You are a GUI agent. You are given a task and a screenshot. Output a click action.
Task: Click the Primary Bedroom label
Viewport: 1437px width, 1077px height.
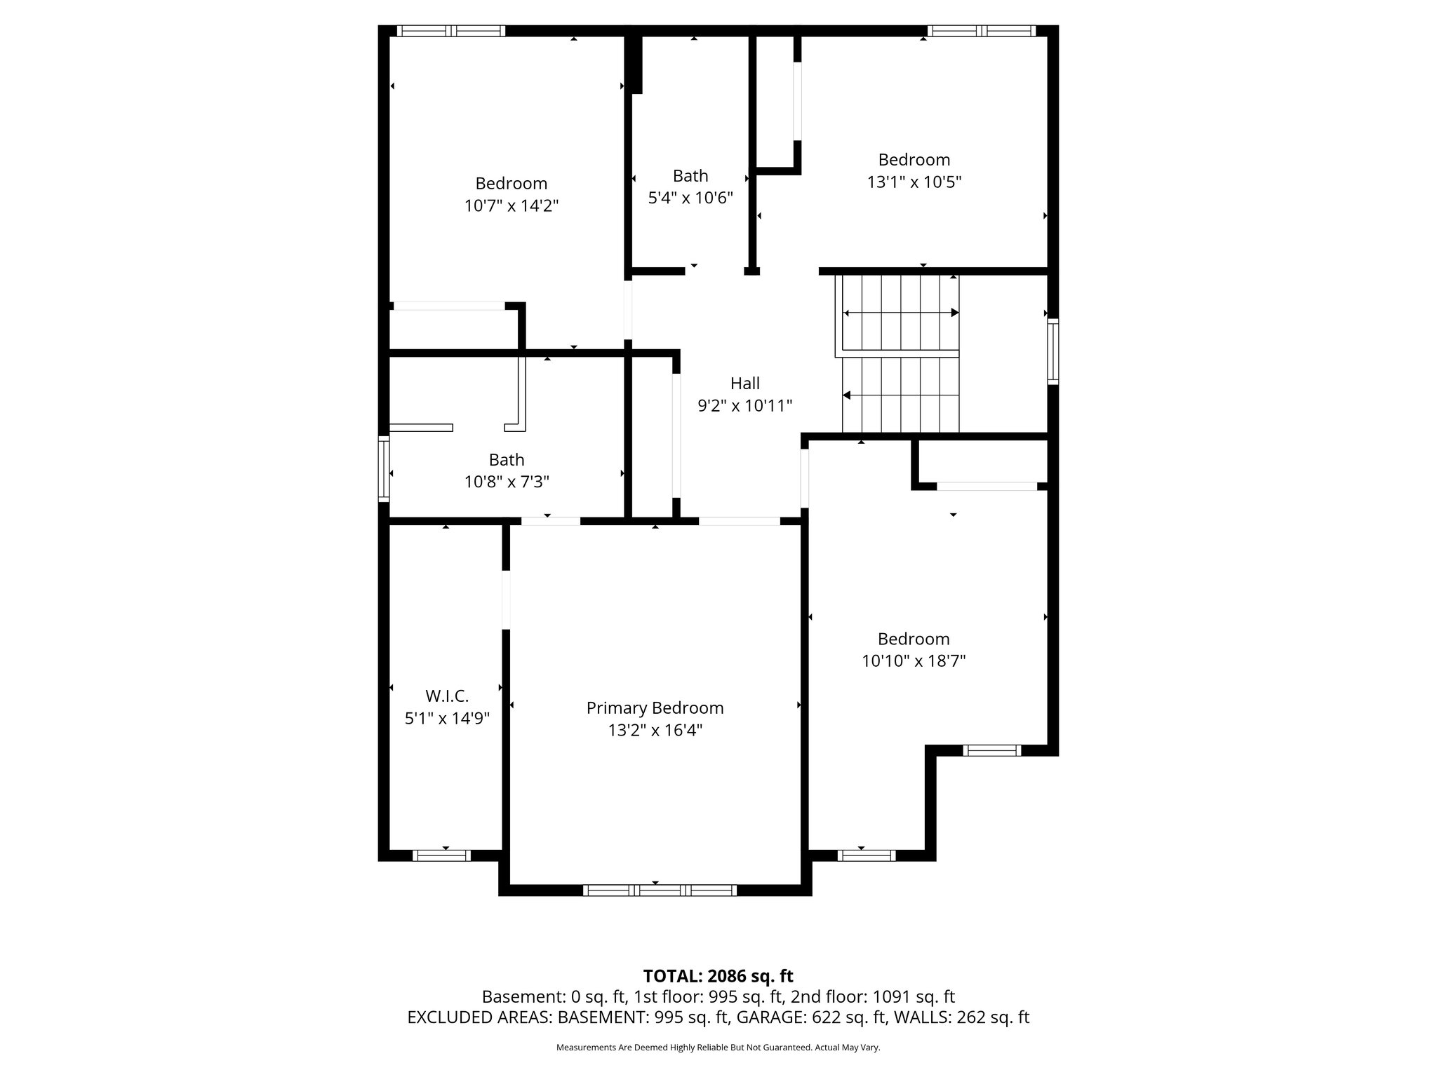655,708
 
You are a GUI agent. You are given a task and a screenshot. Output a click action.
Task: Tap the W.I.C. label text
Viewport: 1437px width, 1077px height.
447,696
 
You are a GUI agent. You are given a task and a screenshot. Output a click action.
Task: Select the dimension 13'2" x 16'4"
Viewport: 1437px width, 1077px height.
655,731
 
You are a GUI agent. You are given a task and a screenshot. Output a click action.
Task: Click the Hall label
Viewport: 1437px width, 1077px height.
744,384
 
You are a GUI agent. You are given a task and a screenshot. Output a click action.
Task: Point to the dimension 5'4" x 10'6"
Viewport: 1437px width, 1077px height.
690,198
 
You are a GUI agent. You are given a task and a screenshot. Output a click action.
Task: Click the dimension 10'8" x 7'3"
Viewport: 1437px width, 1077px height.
507,482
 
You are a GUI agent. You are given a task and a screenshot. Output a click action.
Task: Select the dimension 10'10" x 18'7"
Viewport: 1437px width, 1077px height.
914,661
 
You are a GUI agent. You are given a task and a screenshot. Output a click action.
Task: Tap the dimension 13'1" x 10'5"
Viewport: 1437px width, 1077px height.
914,182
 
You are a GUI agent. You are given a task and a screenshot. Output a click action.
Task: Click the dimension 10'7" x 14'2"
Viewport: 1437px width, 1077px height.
511,206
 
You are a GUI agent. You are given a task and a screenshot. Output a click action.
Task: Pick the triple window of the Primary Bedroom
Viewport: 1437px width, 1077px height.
660,890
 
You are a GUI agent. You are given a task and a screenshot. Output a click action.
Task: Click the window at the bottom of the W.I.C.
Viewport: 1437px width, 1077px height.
441,855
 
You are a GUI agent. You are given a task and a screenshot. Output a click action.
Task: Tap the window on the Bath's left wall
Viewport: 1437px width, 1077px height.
384,468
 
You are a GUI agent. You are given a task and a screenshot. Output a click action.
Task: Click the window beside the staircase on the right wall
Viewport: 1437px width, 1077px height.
1052,351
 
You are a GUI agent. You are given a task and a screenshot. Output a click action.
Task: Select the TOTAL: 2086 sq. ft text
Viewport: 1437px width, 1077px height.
718,976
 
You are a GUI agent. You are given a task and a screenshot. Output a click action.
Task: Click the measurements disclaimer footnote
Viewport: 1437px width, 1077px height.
718,1048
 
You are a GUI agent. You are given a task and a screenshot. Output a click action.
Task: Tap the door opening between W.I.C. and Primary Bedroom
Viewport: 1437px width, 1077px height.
506,600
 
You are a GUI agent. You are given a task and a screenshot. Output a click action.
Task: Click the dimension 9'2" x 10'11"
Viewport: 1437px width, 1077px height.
744,406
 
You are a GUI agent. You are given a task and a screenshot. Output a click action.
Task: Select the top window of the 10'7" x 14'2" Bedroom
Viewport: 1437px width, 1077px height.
450,31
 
